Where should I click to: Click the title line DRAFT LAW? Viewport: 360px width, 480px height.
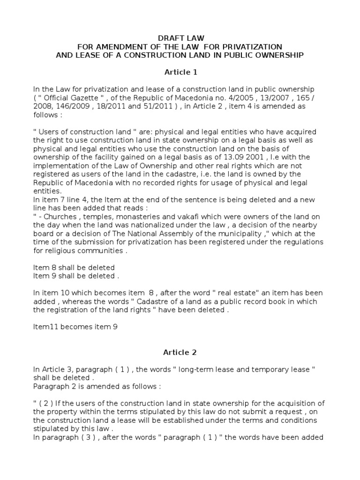tap(180, 37)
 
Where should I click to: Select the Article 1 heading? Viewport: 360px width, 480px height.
tap(180, 72)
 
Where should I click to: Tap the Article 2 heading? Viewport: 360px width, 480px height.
tap(180, 352)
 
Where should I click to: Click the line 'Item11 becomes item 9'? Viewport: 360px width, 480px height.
tap(75, 327)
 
